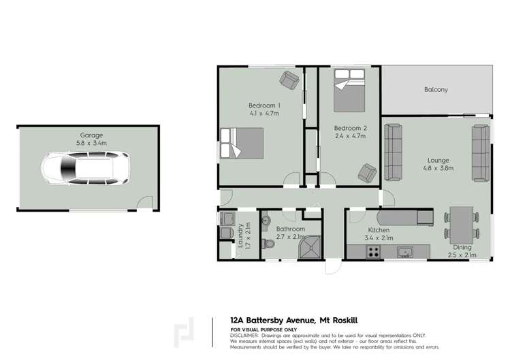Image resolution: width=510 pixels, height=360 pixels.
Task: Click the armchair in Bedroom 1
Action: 289,82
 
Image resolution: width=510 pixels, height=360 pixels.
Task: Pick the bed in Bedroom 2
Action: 350,95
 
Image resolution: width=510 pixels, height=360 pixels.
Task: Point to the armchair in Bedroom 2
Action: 368,173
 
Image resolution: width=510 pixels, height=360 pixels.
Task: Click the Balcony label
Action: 436,89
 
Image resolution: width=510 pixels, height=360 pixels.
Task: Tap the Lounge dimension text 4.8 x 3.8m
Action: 439,167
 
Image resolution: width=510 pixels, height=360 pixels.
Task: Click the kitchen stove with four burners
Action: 374,252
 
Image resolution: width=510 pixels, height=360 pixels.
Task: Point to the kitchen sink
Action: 404,252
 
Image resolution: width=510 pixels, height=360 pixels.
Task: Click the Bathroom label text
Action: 291,229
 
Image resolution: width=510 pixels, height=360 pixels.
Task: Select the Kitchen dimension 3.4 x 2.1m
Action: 379,238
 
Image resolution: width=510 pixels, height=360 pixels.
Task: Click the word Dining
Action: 462,248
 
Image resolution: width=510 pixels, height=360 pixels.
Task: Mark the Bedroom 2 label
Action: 351,128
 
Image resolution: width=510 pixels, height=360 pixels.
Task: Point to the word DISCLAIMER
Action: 245,335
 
